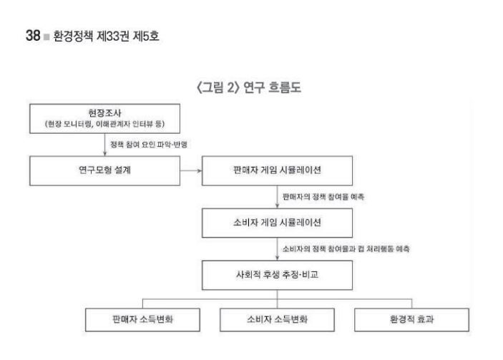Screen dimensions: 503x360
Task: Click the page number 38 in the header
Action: tap(33, 35)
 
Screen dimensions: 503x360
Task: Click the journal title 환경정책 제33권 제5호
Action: tap(106, 36)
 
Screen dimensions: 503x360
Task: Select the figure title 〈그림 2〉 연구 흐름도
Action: tap(249, 87)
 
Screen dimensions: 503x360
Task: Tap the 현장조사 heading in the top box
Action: tap(104, 113)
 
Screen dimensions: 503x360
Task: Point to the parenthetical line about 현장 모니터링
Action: tap(104, 124)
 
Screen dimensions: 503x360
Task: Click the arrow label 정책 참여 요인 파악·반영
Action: tap(149, 145)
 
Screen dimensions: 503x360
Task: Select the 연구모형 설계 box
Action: tap(105, 170)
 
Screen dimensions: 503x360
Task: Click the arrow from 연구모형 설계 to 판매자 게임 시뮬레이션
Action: tap(191, 170)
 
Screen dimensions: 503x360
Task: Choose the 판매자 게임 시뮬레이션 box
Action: tap(277, 170)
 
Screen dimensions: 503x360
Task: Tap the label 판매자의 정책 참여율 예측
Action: tap(323, 197)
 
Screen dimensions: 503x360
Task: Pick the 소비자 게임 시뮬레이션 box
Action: tap(277, 223)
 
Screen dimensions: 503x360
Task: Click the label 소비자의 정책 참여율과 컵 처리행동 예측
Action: tap(346, 248)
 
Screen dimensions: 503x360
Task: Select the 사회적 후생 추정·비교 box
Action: tap(277, 276)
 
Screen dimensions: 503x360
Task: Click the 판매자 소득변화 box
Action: tap(143, 320)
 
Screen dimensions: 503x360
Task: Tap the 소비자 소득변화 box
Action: tap(277, 320)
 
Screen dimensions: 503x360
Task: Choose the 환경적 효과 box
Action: tap(411, 320)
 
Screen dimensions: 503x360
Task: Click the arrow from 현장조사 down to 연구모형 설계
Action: tap(105, 145)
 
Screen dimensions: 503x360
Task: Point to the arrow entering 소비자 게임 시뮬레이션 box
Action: tap(278, 197)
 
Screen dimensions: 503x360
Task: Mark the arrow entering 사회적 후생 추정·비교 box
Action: tap(278, 249)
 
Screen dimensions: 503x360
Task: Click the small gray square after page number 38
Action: tap(47, 37)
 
